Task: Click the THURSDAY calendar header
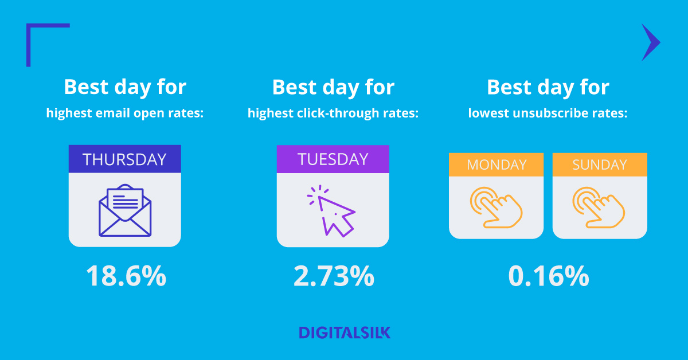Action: (125, 159)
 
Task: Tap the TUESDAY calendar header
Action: (333, 159)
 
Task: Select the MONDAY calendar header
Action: (497, 165)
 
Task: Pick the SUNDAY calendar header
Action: (600, 165)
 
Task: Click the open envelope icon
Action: (125, 210)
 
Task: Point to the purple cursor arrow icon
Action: (331, 212)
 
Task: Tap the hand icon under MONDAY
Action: (496, 207)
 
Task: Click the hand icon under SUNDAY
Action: (599, 207)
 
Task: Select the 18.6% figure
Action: (126, 276)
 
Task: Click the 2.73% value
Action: (334, 276)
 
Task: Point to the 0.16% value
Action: (549, 276)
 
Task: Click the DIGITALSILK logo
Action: (345, 332)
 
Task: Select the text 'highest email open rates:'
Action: (125, 114)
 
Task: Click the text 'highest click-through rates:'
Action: (333, 114)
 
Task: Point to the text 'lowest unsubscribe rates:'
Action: (548, 114)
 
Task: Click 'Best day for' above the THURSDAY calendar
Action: (125, 87)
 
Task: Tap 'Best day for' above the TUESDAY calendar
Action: (333, 87)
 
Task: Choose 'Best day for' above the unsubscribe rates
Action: (548, 87)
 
